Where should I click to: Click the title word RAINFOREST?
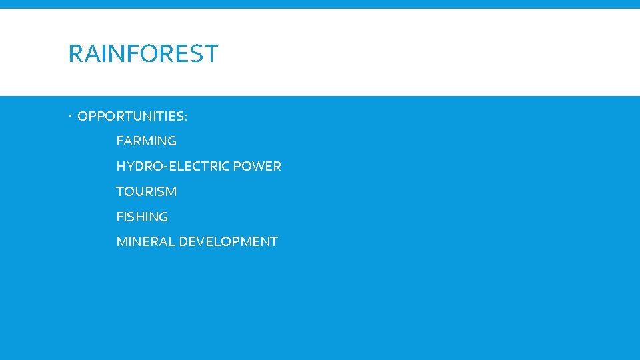[x=143, y=53]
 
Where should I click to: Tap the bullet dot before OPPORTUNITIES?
[x=71, y=117]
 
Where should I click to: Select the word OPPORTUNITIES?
[x=130, y=117]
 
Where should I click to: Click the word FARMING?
[x=146, y=141]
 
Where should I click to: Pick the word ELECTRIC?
[x=189, y=167]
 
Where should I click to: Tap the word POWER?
[x=261, y=167]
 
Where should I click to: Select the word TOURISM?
[x=146, y=192]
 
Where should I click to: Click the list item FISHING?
[x=142, y=217]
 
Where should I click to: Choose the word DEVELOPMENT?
[x=227, y=242]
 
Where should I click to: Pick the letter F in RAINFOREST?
[x=131, y=53]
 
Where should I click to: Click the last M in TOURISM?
[x=171, y=192]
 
